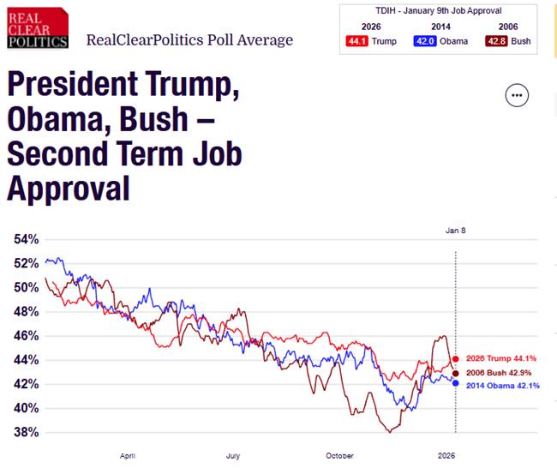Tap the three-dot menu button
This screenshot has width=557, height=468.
click(517, 95)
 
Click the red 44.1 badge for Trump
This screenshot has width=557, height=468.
click(357, 41)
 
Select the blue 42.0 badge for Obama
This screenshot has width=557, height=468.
click(423, 41)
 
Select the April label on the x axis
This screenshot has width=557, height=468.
click(128, 456)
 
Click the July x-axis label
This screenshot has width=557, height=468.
click(233, 456)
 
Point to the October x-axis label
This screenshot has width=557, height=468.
click(339, 456)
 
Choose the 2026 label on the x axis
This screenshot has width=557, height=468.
click(446, 456)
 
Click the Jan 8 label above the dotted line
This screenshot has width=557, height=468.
click(455, 231)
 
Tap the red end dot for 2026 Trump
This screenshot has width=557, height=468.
click(455, 359)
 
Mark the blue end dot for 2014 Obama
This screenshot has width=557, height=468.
click(455, 383)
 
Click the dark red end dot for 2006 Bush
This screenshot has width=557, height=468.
click(455, 373)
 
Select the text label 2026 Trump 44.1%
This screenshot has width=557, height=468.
click(501, 359)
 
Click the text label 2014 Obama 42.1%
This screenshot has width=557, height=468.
click(503, 386)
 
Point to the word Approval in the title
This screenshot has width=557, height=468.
click(69, 187)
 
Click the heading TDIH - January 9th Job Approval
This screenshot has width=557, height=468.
click(437, 10)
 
